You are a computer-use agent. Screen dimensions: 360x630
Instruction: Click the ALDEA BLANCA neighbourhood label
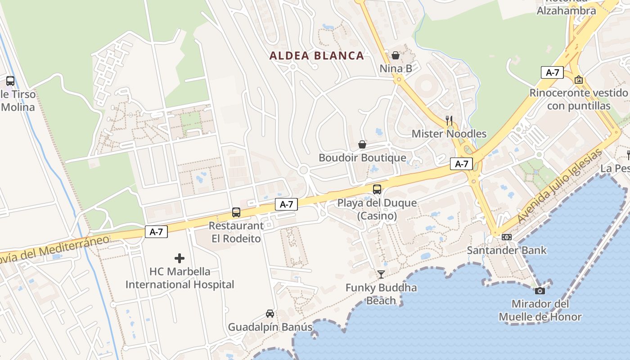[316, 56]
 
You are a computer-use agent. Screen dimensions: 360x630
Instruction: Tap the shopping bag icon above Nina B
[396, 55]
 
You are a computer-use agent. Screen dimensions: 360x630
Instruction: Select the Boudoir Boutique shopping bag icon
[362, 144]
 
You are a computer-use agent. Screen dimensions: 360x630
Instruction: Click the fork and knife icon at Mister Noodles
[449, 120]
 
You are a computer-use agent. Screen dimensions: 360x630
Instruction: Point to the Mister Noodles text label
[449, 134]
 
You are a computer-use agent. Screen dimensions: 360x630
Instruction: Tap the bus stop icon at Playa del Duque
[377, 189]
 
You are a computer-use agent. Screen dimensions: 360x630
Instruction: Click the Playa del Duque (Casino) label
[377, 209]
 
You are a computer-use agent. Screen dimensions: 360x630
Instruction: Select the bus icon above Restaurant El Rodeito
[236, 212]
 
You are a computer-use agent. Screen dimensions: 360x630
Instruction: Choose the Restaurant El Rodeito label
[236, 232]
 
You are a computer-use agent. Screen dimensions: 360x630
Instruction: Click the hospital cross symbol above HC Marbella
[180, 258]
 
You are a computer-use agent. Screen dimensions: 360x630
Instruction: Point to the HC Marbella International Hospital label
[180, 278]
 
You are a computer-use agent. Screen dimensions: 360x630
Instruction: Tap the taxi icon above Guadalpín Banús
[270, 314]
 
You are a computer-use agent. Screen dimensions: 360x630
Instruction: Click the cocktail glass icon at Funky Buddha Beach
[381, 274]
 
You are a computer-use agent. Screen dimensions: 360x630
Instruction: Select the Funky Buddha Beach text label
[381, 294]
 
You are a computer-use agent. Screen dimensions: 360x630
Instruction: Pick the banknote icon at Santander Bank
[507, 237]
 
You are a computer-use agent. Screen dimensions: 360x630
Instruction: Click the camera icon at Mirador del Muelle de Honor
[540, 291]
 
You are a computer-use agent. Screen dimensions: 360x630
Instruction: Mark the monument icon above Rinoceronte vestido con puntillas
[579, 80]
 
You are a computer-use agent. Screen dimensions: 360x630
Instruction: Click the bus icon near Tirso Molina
[10, 81]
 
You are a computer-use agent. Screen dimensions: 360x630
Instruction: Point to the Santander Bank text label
[507, 250]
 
